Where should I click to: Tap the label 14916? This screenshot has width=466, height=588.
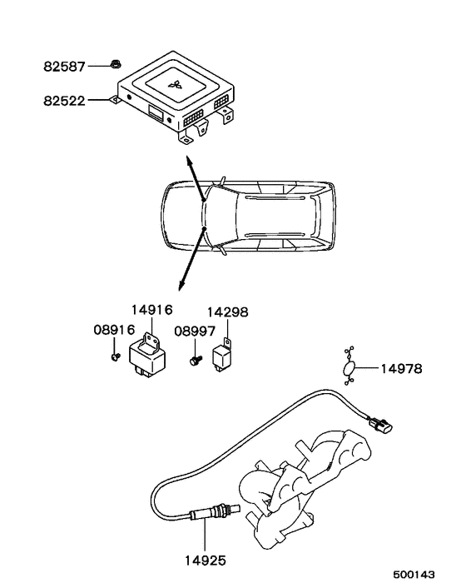[151, 309]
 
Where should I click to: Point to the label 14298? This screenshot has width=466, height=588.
[227, 312]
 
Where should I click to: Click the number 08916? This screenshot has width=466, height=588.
[113, 331]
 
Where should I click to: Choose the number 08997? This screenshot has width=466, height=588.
[194, 331]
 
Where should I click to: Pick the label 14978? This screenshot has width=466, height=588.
[402, 368]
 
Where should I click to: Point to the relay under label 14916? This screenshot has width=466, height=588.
[147, 360]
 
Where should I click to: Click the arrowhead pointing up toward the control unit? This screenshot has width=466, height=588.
[188, 160]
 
